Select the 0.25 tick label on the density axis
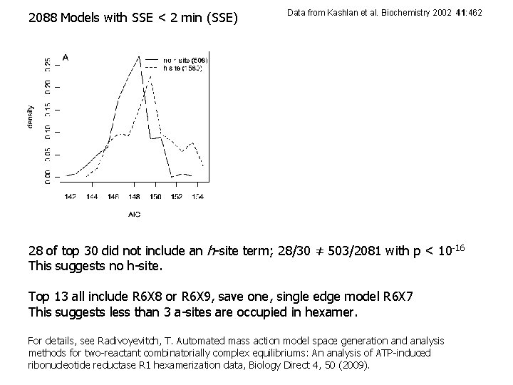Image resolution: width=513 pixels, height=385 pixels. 48,65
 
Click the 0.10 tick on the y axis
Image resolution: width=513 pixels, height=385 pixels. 48,131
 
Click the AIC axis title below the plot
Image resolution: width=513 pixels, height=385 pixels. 134,214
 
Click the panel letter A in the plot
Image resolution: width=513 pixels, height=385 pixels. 66,57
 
